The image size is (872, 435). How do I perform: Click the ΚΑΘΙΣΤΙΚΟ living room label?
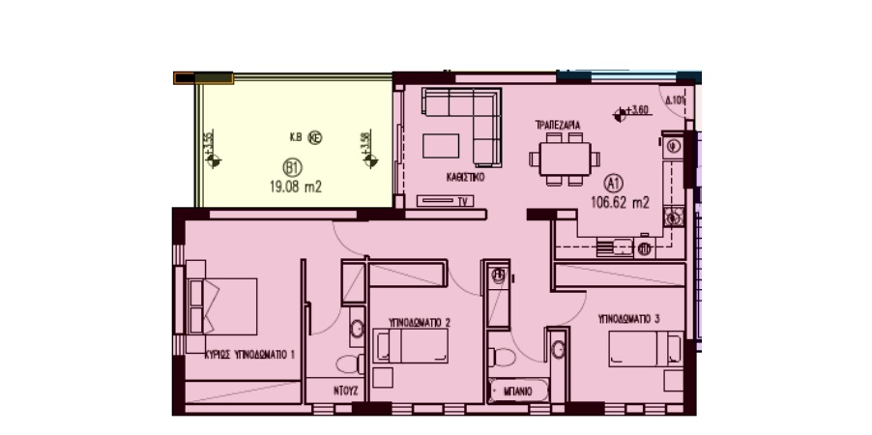tap(465, 178)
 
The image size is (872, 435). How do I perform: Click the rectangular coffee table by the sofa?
tap(442, 145)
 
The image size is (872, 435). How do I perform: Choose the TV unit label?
tap(463, 201)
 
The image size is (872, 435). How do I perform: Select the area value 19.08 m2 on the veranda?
tap(295, 188)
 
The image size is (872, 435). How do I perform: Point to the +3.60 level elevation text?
tap(637, 111)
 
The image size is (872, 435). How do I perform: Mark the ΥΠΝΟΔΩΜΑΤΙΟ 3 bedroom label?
tap(628, 317)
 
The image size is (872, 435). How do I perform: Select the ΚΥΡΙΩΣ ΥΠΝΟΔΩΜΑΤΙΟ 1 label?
tap(249, 355)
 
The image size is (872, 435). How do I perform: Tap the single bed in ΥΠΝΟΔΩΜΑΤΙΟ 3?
tap(645, 348)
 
